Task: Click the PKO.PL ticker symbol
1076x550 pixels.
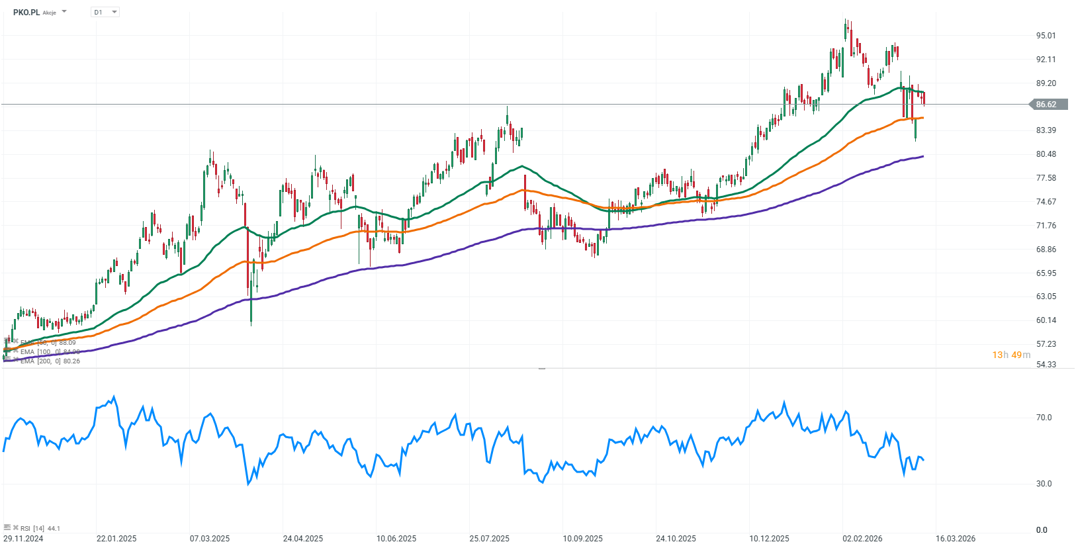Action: click(26, 12)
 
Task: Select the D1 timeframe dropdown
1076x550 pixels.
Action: click(105, 12)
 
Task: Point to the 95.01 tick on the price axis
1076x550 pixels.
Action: click(1046, 36)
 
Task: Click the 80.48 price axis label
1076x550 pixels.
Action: click(1046, 154)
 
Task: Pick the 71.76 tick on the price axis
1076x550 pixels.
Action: click(1046, 226)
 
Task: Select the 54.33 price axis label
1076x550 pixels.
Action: click(1046, 365)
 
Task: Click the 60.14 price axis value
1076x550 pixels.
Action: click(1046, 320)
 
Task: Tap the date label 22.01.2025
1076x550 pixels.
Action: click(116, 539)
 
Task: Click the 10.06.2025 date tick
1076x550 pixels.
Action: click(396, 539)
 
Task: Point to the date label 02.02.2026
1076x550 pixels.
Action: click(862, 539)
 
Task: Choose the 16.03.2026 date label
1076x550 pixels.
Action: click(955, 539)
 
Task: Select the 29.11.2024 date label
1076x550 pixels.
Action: click(23, 539)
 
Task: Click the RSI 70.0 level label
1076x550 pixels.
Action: click(1044, 418)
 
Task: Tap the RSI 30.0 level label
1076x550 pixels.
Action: click(1044, 484)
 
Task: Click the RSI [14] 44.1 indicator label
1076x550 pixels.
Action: click(40, 528)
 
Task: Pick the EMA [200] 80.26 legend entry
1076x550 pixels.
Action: click(50, 361)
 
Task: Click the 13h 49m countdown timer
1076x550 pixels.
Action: click(1010, 355)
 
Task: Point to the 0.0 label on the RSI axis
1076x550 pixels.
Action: click(1042, 530)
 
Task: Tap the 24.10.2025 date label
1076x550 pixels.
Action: click(676, 539)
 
